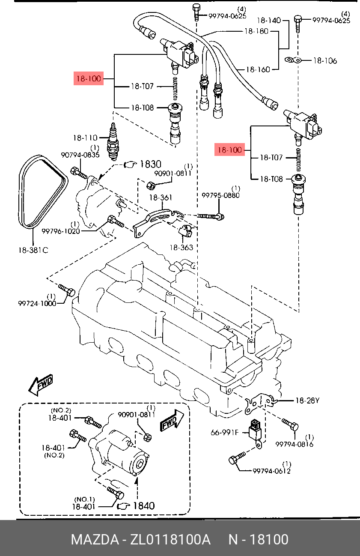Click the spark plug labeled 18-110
(x=113, y=141)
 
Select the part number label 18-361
(x=161, y=197)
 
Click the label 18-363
(x=181, y=248)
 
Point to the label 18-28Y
(x=307, y=401)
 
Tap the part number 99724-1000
(x=37, y=303)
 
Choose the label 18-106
(x=325, y=61)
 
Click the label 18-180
(x=256, y=31)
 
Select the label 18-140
(x=269, y=21)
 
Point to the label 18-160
(x=258, y=69)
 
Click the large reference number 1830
(x=151, y=164)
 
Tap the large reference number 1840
(x=144, y=505)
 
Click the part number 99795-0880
(x=220, y=196)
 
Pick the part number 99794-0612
(x=271, y=471)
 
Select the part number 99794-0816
(x=294, y=444)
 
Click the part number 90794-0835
(x=80, y=155)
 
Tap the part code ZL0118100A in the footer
(x=170, y=540)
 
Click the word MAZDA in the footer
(x=95, y=540)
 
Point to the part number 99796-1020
(x=61, y=231)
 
